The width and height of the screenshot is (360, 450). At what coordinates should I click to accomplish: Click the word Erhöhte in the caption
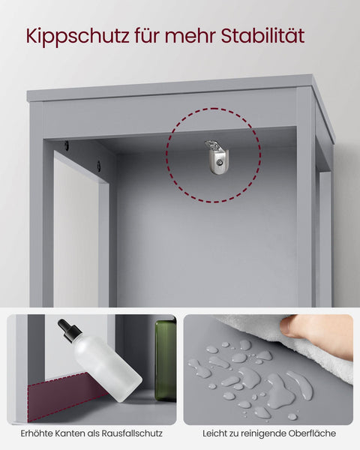pos(37,433)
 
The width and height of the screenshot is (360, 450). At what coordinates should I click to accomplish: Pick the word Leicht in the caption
pos(215,433)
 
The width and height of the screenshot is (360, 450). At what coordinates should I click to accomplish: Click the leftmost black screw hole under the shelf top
pos(66,145)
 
